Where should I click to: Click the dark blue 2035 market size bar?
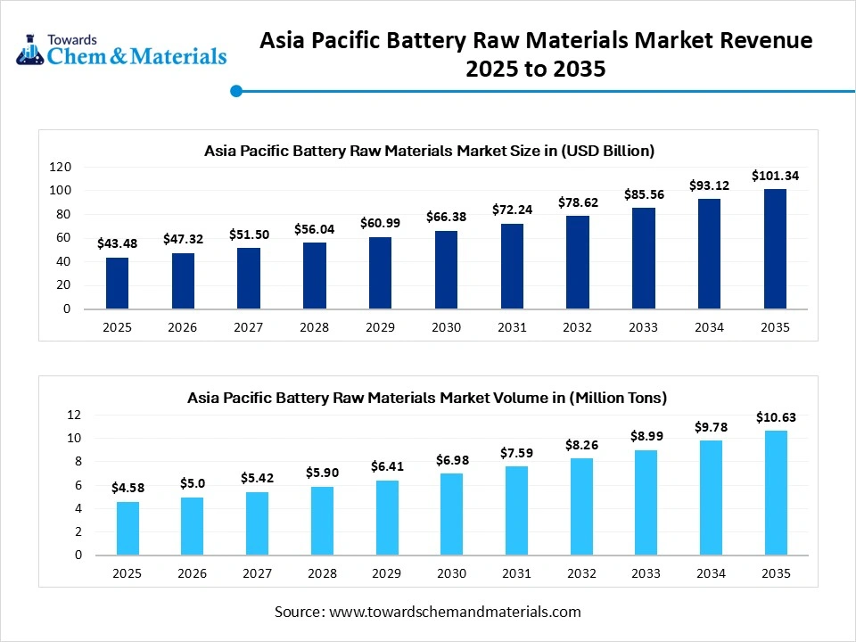775,249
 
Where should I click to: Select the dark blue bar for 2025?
117,283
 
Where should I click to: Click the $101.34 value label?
775,176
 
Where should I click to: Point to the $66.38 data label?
447,217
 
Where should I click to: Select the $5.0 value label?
192,483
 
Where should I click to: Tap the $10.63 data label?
777,417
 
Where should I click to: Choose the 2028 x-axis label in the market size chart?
314,327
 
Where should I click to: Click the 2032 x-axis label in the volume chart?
580,573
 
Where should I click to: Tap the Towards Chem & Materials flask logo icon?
29,51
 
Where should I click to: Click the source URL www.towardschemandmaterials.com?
455,612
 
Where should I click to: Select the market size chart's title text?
429,151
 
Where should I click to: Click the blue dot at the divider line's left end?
236,90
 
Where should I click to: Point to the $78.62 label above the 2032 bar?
578,203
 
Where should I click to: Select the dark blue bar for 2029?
380,273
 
